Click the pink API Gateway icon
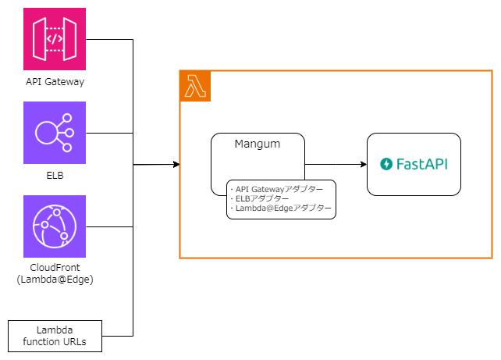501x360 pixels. coord(55,39)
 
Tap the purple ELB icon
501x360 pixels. coord(55,133)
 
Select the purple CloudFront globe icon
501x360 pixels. coord(55,226)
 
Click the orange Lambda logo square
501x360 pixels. coord(195,86)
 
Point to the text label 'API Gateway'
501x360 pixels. coord(55,80)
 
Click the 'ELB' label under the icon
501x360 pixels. coord(55,175)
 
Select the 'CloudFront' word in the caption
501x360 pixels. coord(55,268)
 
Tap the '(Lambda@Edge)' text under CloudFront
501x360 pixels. coord(55,279)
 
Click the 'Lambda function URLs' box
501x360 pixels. coord(55,336)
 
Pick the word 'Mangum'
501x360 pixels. coord(258,144)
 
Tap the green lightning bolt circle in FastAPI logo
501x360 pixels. coord(386,165)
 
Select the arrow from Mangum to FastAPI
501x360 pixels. coord(336,164)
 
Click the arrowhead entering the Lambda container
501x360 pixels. coord(175,164)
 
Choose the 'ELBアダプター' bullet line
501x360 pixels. coord(258,198)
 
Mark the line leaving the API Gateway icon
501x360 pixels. coord(109,39)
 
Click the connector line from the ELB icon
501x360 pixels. coord(109,133)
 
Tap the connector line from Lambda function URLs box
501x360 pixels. coord(117,336)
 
